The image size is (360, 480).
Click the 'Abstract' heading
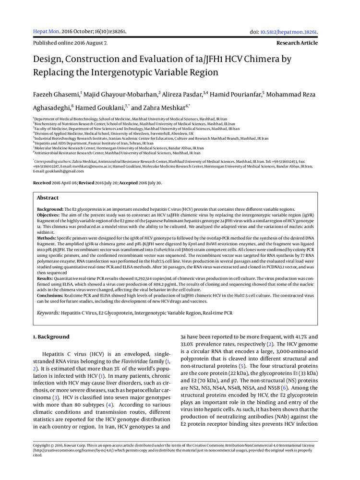[x=48, y=198]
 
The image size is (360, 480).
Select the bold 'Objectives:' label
[x=49, y=216]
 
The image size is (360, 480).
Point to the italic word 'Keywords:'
[x=48, y=313]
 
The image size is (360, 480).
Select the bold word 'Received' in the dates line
[x=43, y=183]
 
